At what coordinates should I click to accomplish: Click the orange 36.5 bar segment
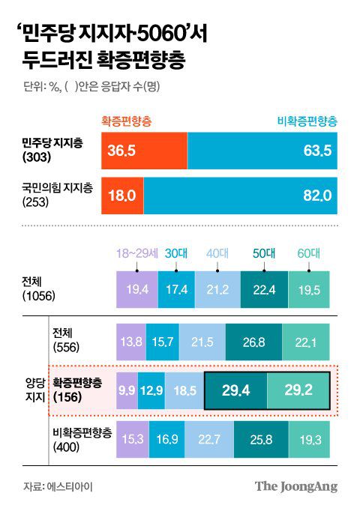click(x=144, y=151)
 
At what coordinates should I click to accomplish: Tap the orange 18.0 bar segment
click(x=122, y=196)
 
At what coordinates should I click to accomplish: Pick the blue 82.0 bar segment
click(x=241, y=196)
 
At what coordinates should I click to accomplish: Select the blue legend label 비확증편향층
click(x=307, y=121)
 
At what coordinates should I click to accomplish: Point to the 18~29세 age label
click(x=136, y=253)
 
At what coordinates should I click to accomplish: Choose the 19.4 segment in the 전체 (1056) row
click(x=137, y=289)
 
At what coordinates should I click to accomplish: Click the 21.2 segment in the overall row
click(x=215, y=289)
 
